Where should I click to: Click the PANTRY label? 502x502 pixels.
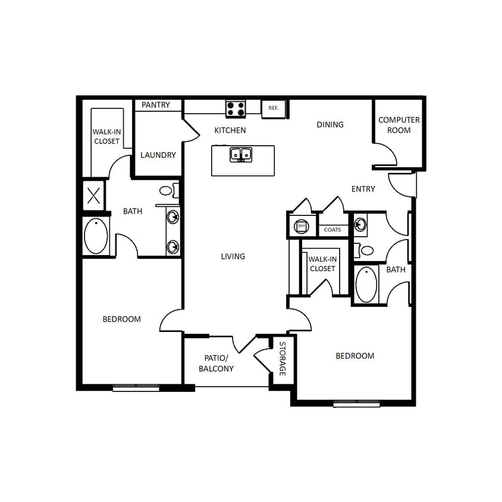click(x=156, y=105)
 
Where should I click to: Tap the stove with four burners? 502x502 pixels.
click(x=236, y=108)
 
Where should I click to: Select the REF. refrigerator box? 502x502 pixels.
click(x=274, y=108)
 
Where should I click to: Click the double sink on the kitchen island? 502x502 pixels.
click(x=241, y=155)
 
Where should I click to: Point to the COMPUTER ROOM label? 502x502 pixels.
click(x=399, y=125)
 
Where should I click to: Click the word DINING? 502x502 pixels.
click(x=330, y=124)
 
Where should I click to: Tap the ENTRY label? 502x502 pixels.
click(x=363, y=189)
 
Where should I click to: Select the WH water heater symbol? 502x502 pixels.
click(x=301, y=227)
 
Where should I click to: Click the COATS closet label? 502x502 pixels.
click(x=332, y=230)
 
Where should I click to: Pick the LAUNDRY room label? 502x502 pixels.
click(x=158, y=155)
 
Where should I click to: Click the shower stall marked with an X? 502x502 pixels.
click(x=93, y=196)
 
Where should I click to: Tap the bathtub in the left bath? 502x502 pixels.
click(x=96, y=236)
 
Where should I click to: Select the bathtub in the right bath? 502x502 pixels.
click(x=367, y=284)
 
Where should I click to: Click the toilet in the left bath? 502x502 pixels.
click(x=166, y=192)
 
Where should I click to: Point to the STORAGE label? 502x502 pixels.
click(x=283, y=359)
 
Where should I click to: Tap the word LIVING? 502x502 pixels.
click(x=233, y=256)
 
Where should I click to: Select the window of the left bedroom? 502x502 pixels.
click(x=136, y=387)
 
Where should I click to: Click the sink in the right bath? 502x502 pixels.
click(x=360, y=224)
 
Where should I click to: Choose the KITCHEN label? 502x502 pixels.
click(x=230, y=130)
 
